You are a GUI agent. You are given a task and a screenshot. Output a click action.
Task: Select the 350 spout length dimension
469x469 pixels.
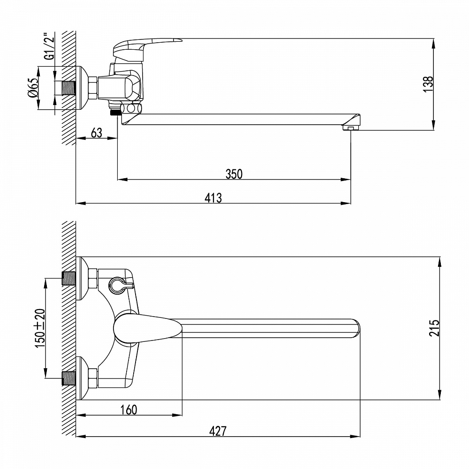pyautogui.click(x=234, y=174)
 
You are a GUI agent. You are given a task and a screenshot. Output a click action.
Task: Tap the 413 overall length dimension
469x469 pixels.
pyautogui.click(x=213, y=197)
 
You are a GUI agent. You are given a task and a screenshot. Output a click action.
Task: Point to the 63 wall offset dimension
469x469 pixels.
pyautogui.click(x=96, y=132)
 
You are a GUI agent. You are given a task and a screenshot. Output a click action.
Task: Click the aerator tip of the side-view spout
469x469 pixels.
pyautogui.click(x=350, y=127)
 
